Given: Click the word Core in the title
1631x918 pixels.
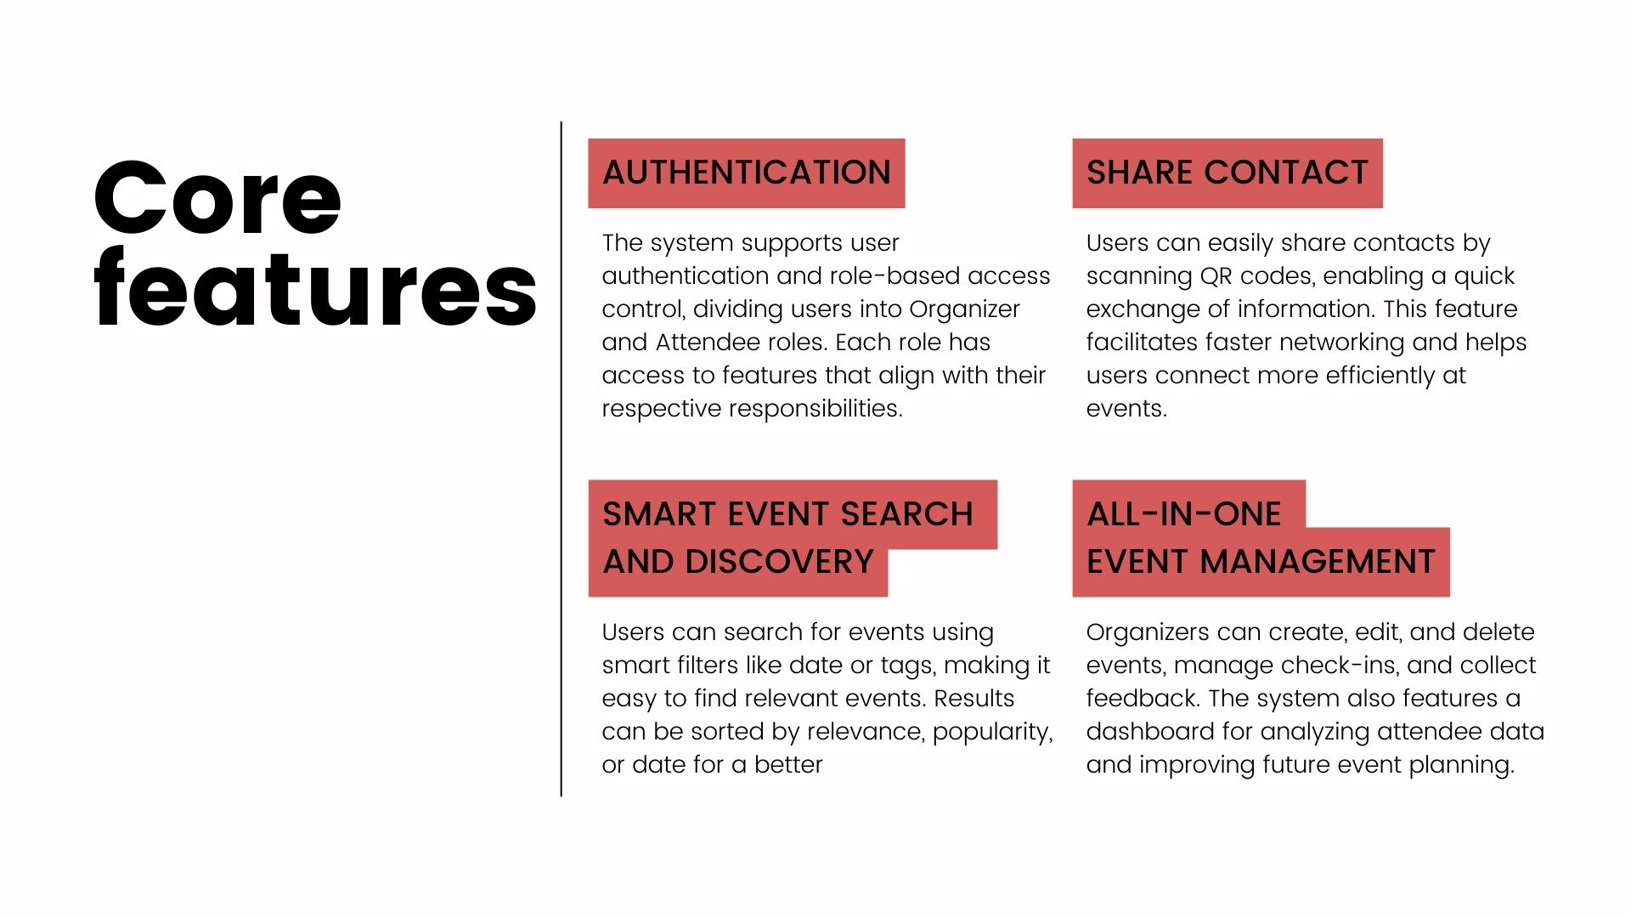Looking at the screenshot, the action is coord(217,198).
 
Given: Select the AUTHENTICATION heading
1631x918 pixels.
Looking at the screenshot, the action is coord(747,173).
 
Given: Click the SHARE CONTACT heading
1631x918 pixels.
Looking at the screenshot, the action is coord(1227,173).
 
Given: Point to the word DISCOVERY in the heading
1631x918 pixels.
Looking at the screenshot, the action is coord(779,562).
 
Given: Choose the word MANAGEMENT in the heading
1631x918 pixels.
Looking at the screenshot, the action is coord(1318,562).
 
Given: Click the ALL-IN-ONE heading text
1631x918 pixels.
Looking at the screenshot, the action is coord(1184,514).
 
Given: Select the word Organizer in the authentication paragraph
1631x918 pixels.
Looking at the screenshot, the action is coord(964,309).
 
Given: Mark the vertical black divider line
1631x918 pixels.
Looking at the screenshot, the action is coord(562,459).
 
